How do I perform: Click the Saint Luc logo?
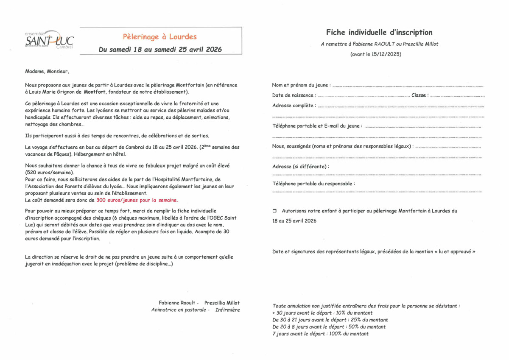click(49, 40)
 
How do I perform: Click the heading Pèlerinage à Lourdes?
click(160, 37)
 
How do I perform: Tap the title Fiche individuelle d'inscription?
click(379, 33)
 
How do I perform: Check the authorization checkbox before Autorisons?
click(274, 211)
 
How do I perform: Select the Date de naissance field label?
click(293, 95)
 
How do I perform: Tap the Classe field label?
click(420, 95)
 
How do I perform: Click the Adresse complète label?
click(294, 106)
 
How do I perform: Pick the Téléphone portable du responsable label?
click(313, 184)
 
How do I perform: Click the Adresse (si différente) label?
click(300, 167)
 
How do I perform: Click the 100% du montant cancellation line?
click(320, 334)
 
